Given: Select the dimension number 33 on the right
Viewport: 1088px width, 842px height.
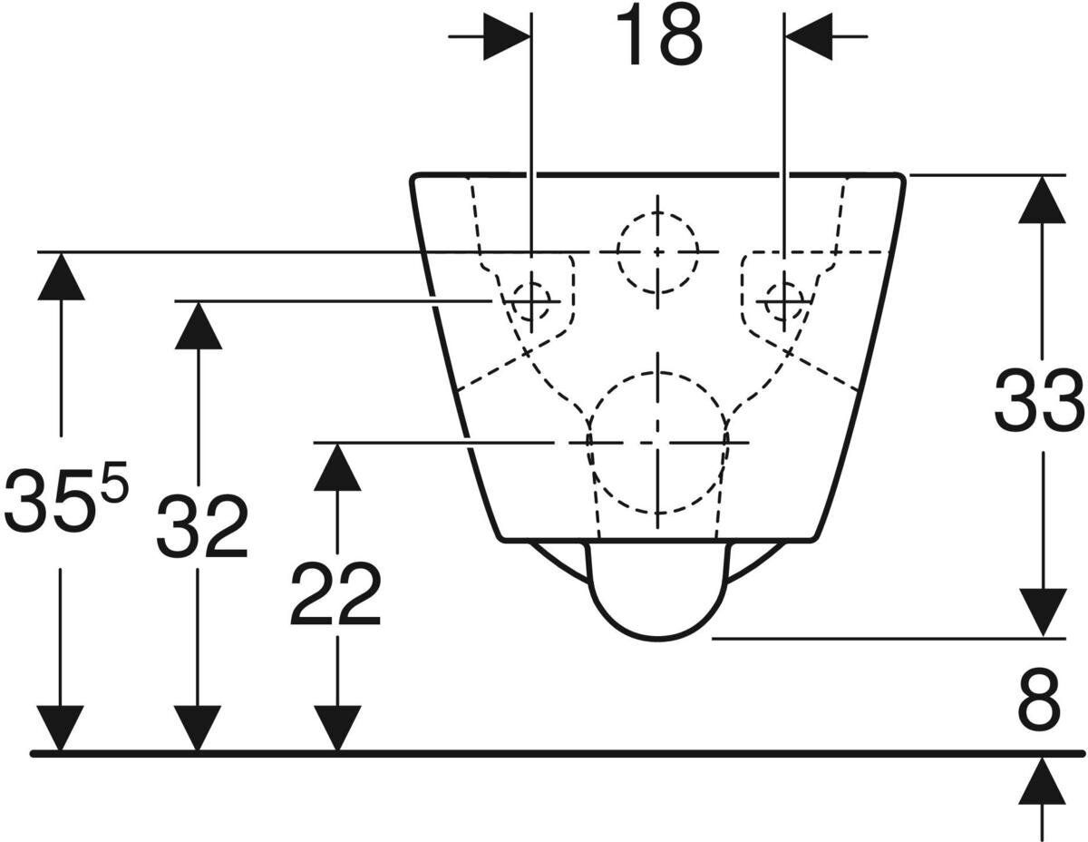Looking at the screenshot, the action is pyautogui.click(x=1039, y=401).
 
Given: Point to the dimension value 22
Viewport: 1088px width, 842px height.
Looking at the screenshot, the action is pyautogui.click(x=335, y=595).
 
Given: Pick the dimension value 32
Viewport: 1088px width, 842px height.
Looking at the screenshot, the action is pyautogui.click(x=201, y=528).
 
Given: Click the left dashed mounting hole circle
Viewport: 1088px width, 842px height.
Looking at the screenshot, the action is pyautogui.click(x=530, y=299).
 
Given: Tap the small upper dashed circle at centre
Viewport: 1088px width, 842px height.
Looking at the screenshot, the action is pyautogui.click(x=658, y=251).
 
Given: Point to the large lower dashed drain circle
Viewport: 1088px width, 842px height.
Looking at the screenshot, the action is pyautogui.click(x=658, y=442).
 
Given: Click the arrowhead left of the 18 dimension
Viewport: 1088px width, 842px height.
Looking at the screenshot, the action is pyautogui.click(x=506, y=37).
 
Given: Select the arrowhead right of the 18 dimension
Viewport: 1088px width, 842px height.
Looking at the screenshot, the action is pyautogui.click(x=809, y=37).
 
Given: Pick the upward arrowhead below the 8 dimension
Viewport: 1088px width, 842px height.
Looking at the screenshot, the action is pyautogui.click(x=1041, y=782).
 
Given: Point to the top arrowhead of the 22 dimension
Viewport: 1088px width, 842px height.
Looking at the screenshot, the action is pyautogui.click(x=337, y=466).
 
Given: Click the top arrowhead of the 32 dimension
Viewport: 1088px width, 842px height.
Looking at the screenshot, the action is pyautogui.click(x=199, y=324).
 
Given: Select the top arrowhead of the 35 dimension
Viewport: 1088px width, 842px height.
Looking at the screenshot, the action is pyautogui.click(x=61, y=276).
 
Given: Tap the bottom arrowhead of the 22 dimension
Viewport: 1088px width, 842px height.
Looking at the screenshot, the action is pyautogui.click(x=337, y=729).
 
